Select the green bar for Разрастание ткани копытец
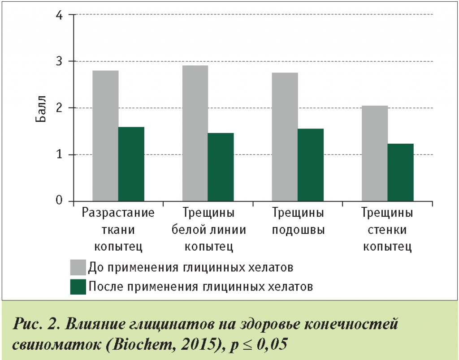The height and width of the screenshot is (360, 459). tap(131, 164)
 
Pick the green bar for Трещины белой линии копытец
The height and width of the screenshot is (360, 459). tap(221, 167)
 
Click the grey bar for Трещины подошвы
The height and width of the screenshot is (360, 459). tap(285, 137)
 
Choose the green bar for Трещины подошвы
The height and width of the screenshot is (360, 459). tap(311, 164)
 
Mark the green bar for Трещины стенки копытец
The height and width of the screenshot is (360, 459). tap(401, 172)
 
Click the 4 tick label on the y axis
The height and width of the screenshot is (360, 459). tap(59, 15)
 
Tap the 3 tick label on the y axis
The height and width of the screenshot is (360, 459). tap(59, 61)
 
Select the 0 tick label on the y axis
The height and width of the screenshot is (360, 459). tap(59, 201)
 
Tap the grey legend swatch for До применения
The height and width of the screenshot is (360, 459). tap(78, 267)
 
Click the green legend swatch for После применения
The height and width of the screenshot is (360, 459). tap(78, 287)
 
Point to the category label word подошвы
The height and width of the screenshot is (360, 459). tap(298, 230)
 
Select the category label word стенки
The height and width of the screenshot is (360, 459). tap(387, 230)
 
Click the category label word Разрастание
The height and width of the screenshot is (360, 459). tap(118, 213)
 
